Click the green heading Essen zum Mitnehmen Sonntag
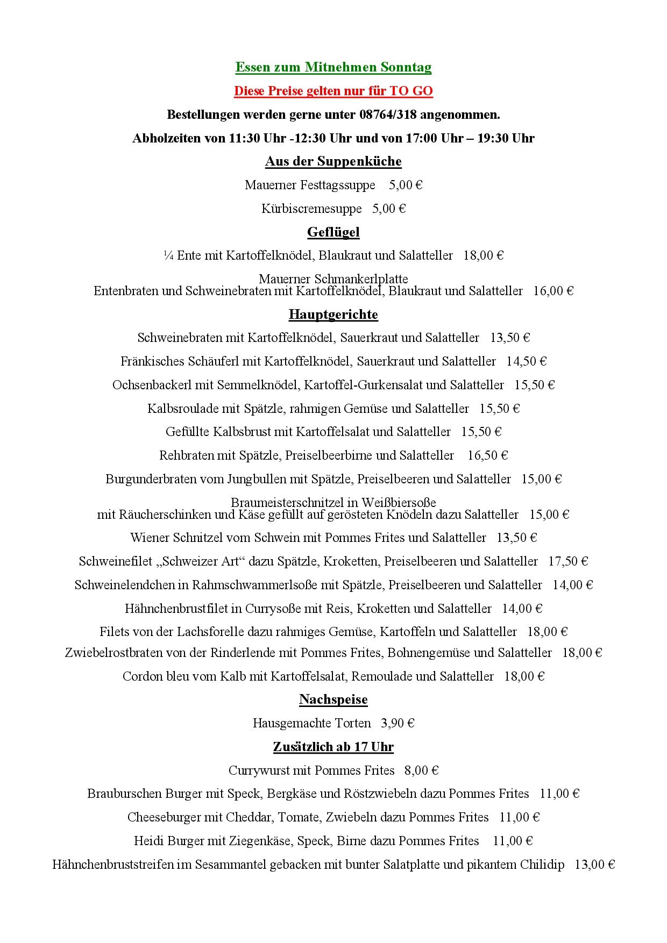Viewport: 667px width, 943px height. pos(333,67)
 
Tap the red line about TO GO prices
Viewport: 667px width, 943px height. pos(333,91)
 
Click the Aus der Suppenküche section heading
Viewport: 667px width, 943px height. pos(333,161)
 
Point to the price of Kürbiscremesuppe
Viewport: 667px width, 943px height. pos(389,209)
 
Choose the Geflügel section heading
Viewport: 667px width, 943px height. pos(333,232)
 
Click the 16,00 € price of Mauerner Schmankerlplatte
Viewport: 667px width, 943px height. pos(554,291)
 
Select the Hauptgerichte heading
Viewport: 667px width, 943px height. pos(333,315)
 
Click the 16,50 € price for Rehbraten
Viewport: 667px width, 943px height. pos(487,455)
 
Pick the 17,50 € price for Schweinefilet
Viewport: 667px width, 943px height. pos(568,561)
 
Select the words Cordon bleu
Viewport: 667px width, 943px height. pos(155,676)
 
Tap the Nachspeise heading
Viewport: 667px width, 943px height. pos(333,699)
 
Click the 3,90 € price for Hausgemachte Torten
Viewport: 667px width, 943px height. pos(398,723)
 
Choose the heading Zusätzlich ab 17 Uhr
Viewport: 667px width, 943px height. pos(333,747)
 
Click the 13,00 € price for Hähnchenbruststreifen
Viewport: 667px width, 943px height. pos(594,865)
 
